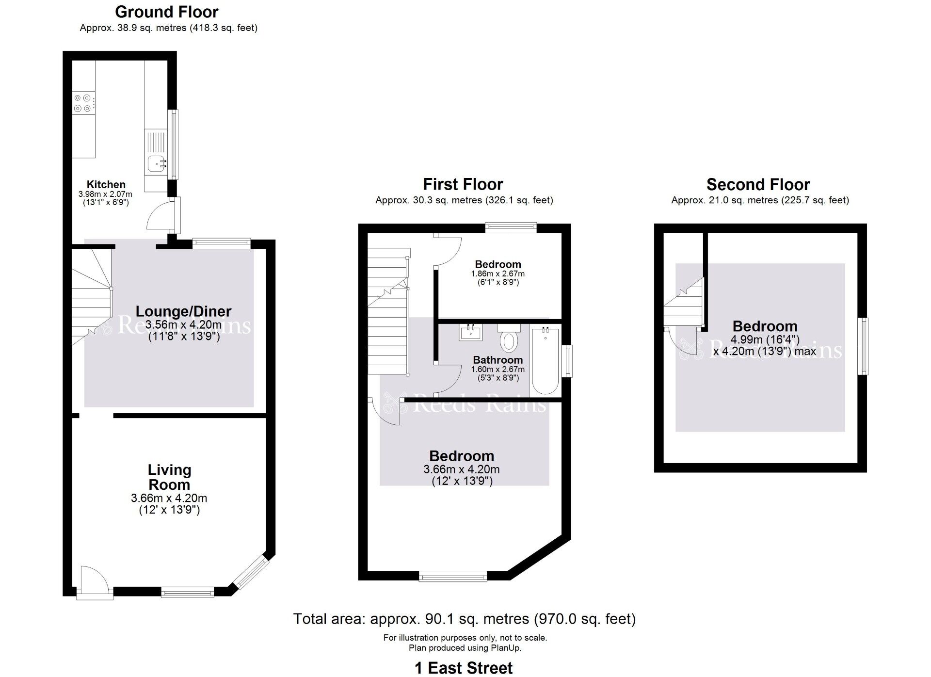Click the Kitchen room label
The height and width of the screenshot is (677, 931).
[x=106, y=184]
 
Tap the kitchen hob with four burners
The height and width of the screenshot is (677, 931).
[x=83, y=103]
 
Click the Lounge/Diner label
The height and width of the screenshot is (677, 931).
[x=183, y=311]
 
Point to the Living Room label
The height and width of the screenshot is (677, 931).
[x=169, y=477]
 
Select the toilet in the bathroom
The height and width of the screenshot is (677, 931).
[x=509, y=338]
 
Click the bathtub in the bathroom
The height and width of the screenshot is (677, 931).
[x=546, y=361]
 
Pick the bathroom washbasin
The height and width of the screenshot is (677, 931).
[x=470, y=332]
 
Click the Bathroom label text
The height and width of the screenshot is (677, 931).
[x=498, y=360]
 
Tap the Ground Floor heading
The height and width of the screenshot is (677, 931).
[x=167, y=12]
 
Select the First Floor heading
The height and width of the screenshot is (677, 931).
[x=463, y=184]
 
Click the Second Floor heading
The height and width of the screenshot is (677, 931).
[x=758, y=184]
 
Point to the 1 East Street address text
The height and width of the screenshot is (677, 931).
[x=464, y=668]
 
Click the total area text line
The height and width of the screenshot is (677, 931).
[x=465, y=619]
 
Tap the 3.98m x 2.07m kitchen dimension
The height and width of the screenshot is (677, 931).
[x=105, y=194]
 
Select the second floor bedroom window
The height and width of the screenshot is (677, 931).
[x=863, y=346]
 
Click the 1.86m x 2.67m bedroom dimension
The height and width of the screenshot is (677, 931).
[x=498, y=274]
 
